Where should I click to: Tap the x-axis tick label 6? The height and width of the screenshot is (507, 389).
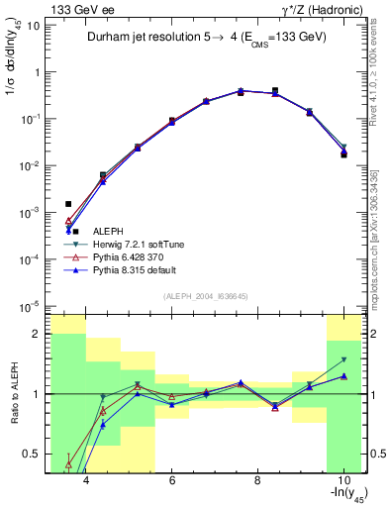tap(171, 482)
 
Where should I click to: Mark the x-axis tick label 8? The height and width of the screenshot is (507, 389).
tap(257, 482)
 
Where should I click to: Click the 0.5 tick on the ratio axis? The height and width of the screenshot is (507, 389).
tap(34, 455)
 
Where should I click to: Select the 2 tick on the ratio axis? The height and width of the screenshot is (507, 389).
tap(37, 334)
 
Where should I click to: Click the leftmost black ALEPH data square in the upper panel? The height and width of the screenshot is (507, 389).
tap(68, 203)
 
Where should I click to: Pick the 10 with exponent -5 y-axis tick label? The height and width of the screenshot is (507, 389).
tap(31, 305)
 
